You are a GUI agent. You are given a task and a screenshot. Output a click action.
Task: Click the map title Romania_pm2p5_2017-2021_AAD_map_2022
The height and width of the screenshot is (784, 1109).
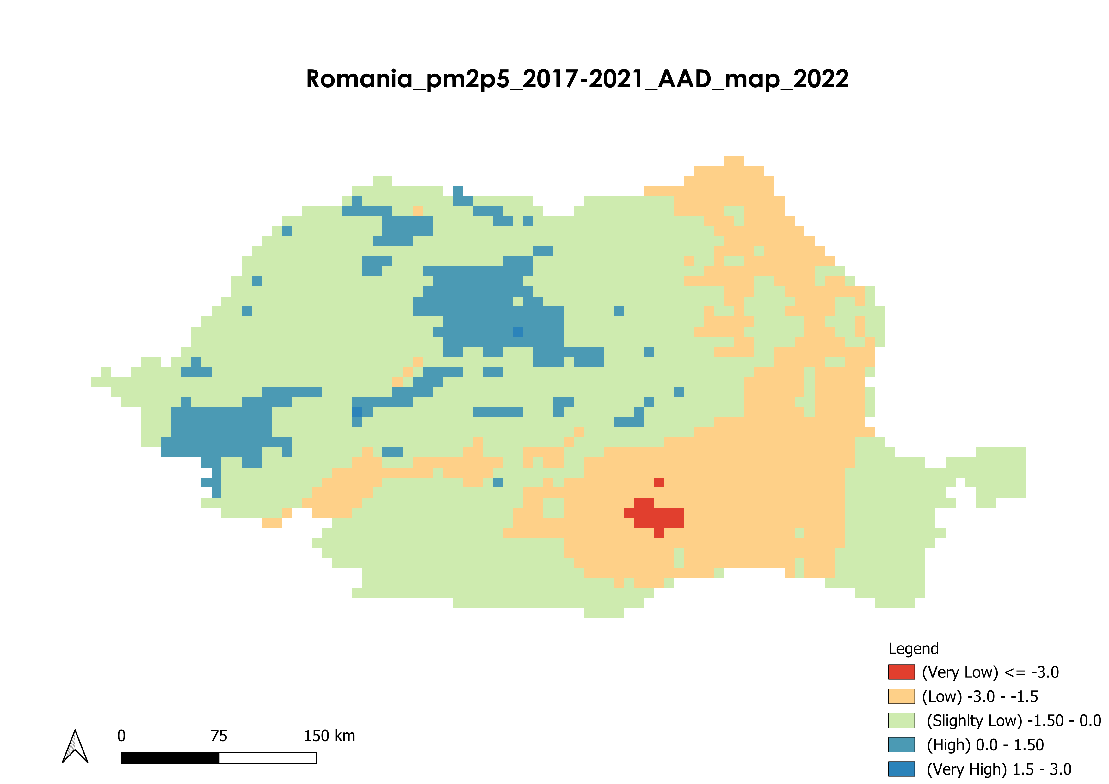point(577,79)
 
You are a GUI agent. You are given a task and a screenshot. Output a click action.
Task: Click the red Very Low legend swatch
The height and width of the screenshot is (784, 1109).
point(901,672)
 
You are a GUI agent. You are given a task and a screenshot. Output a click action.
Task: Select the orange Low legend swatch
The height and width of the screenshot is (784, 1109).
point(901,696)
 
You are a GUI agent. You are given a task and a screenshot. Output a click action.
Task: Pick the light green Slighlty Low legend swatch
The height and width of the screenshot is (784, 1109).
point(901,720)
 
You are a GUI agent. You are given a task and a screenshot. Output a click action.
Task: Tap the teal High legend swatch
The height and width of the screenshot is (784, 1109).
point(901,744)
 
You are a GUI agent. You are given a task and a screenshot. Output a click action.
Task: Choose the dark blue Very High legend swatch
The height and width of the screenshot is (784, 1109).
point(901,769)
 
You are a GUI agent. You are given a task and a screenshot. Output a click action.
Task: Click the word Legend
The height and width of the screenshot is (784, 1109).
point(913,648)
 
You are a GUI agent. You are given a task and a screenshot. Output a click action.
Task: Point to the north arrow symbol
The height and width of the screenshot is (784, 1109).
point(75,746)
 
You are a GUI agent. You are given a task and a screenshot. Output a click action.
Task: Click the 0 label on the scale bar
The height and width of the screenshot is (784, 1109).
point(121,736)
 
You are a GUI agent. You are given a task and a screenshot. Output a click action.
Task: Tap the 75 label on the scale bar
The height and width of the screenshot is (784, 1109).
point(219,736)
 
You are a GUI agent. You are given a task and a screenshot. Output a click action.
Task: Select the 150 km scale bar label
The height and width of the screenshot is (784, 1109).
point(330,736)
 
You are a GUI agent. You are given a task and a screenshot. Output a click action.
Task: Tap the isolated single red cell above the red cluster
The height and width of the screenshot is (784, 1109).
point(658,482)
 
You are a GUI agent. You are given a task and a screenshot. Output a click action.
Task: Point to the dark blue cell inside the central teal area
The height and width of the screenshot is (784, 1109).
point(518,331)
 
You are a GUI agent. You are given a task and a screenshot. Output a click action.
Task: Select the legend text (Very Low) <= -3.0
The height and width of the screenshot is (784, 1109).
point(990,672)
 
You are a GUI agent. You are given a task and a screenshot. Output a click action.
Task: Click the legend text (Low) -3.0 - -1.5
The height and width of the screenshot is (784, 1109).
point(980,696)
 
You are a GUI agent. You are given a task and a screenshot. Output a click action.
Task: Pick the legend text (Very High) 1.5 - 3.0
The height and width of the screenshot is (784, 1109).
point(999,769)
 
